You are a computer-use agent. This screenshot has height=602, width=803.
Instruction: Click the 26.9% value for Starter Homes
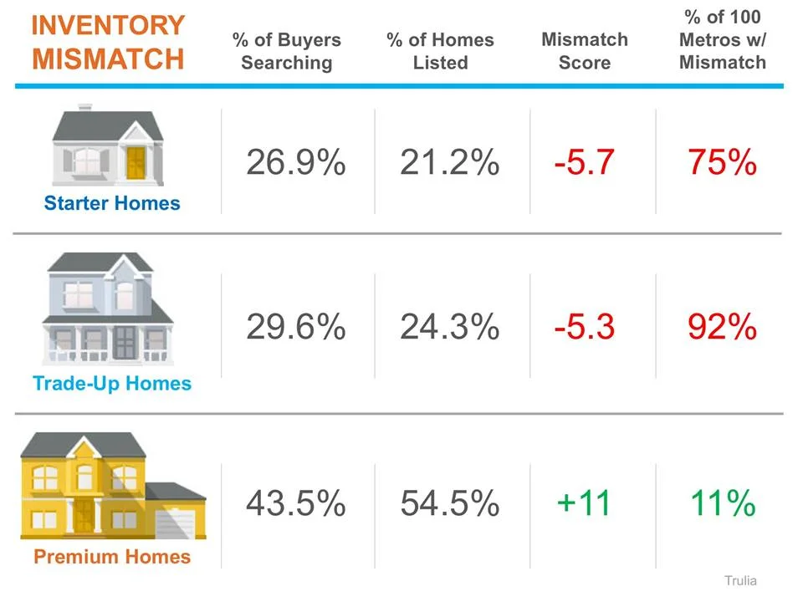295,162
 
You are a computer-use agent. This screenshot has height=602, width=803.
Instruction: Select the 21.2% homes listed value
449,162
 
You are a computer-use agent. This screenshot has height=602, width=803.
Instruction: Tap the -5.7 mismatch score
584,162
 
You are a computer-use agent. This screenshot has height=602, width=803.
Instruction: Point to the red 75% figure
722,162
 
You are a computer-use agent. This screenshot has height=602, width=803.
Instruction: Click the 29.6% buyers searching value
295,327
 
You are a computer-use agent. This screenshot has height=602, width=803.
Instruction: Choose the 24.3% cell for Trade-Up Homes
449,327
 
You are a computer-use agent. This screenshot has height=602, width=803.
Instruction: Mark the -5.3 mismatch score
584,327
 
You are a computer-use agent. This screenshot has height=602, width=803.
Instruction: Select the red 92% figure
722,327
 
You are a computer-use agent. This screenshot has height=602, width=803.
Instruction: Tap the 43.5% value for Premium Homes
295,503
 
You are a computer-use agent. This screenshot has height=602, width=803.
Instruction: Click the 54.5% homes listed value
449,503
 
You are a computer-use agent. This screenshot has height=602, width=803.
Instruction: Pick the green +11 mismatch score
584,503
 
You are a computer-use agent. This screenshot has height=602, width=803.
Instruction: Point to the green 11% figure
722,503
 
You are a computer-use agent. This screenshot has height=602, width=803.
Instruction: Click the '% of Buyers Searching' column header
286,51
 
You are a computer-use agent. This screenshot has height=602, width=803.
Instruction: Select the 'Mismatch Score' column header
585,51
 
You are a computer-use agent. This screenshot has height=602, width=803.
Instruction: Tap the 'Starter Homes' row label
112,203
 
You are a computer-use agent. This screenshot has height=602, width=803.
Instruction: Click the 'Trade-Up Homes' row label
112,384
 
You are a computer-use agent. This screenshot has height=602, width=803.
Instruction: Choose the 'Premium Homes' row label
112,557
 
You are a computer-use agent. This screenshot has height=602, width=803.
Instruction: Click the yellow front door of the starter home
136,162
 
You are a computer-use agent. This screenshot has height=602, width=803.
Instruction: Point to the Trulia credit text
740,580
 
